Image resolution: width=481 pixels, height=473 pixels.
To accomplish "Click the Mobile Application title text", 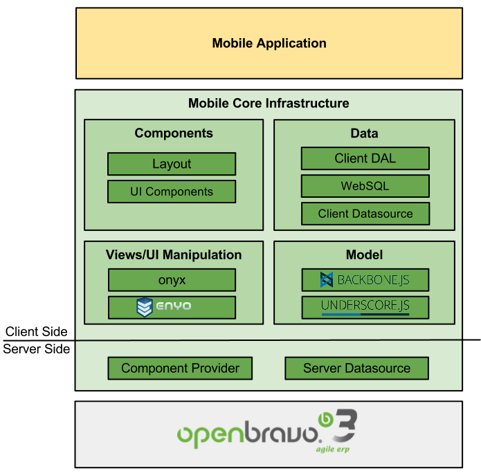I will (x=269, y=43).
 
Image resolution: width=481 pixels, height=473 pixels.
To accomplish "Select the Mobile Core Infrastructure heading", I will (x=269, y=103).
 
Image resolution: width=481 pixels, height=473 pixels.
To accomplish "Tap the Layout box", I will (x=172, y=164).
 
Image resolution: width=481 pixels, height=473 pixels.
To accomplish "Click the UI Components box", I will (x=172, y=192).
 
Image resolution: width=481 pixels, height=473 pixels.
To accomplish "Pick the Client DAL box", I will (x=365, y=158).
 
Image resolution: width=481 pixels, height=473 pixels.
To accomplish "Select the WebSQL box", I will (x=365, y=186).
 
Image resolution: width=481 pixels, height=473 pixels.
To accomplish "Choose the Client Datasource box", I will (x=365, y=214).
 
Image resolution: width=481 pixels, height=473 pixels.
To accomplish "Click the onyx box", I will (x=172, y=280).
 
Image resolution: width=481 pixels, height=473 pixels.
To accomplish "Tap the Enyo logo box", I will (x=172, y=307).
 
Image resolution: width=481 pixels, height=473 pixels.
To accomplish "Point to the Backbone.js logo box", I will (x=365, y=280).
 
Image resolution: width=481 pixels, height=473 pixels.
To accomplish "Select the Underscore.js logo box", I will (x=365, y=307).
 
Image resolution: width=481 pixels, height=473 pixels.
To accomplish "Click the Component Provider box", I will (x=180, y=368).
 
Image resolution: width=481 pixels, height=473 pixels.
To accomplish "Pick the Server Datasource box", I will (x=356, y=368).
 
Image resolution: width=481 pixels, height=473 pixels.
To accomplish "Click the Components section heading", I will (x=174, y=133).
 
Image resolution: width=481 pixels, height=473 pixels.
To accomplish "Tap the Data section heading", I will (x=364, y=133).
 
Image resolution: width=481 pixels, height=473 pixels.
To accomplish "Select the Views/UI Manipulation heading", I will (x=174, y=254).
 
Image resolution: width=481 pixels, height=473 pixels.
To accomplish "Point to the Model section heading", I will (x=364, y=254).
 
